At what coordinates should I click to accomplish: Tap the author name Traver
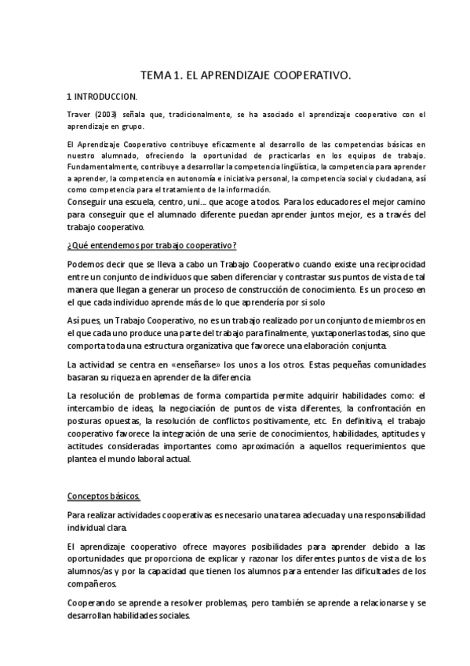pyautogui.click(x=80, y=115)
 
